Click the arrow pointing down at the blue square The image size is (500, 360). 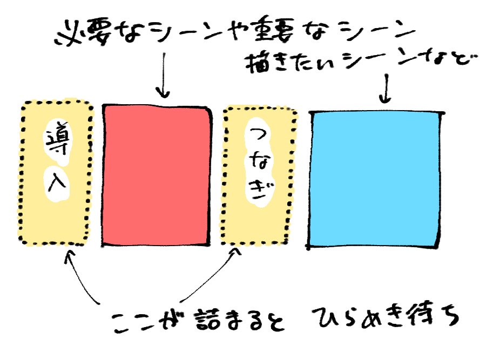point(385,86)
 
